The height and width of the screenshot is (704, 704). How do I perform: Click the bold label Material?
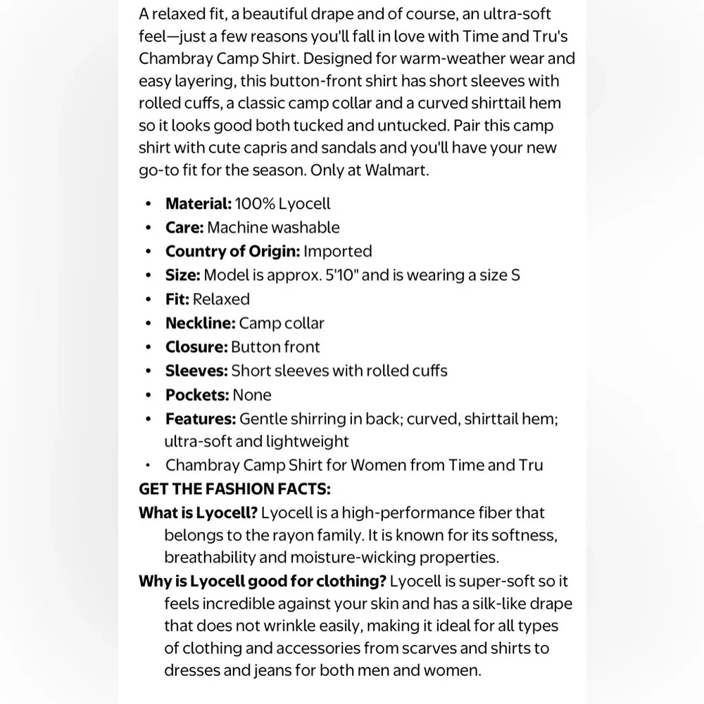click(198, 203)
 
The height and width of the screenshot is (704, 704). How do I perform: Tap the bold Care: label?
click(184, 227)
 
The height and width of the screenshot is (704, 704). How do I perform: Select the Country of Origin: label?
click(232, 251)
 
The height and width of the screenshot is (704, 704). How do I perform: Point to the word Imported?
click(338, 251)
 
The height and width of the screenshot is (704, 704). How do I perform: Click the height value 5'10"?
click(341, 275)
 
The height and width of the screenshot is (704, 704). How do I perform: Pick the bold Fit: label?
click(177, 299)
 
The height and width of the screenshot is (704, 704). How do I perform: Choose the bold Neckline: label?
click(201, 323)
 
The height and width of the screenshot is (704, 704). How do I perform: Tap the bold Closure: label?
click(196, 347)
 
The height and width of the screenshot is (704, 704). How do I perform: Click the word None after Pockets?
click(252, 395)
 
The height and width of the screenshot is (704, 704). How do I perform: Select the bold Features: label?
click(201, 419)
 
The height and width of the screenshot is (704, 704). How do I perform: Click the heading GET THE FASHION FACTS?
click(234, 489)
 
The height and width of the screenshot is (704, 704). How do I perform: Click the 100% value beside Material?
click(255, 203)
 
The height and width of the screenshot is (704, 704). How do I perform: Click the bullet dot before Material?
click(148, 204)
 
